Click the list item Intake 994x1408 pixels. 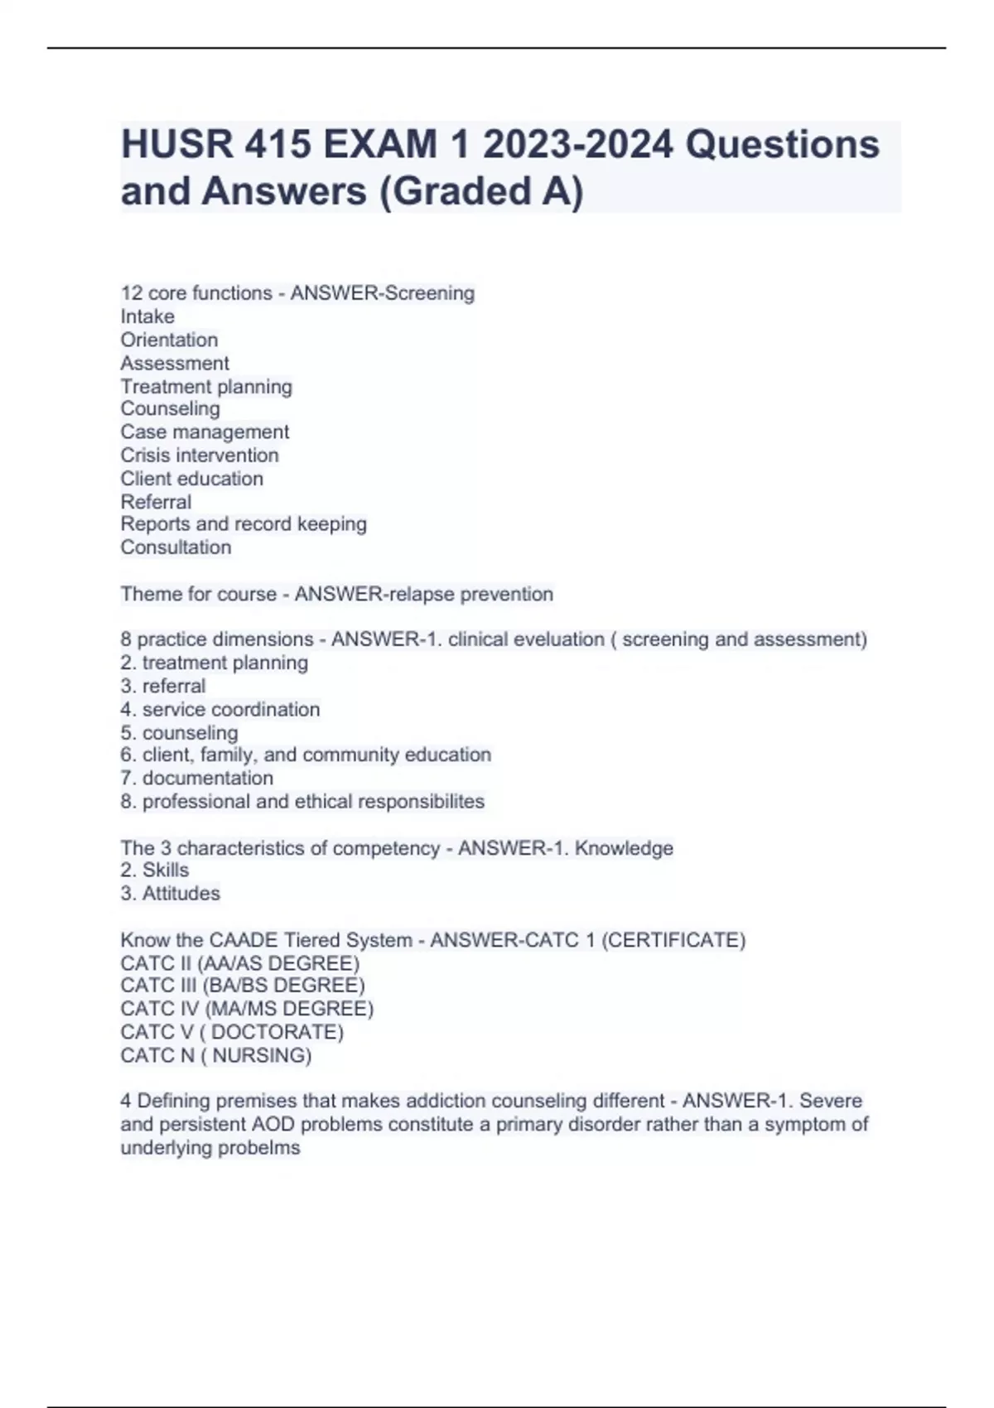(147, 316)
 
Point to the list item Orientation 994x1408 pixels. (169, 340)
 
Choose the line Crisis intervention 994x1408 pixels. (200, 455)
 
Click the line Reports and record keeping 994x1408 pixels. (244, 524)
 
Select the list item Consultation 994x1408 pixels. (176, 547)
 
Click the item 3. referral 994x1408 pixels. (162, 686)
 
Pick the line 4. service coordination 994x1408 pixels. (220, 709)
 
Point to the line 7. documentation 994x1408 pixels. (196, 778)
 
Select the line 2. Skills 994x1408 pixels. (154, 870)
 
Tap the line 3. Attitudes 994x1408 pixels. (170, 893)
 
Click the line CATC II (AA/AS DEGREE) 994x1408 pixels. (240, 963)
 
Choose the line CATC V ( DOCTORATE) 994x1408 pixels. (232, 1032)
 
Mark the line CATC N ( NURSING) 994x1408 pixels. (216, 1055)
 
